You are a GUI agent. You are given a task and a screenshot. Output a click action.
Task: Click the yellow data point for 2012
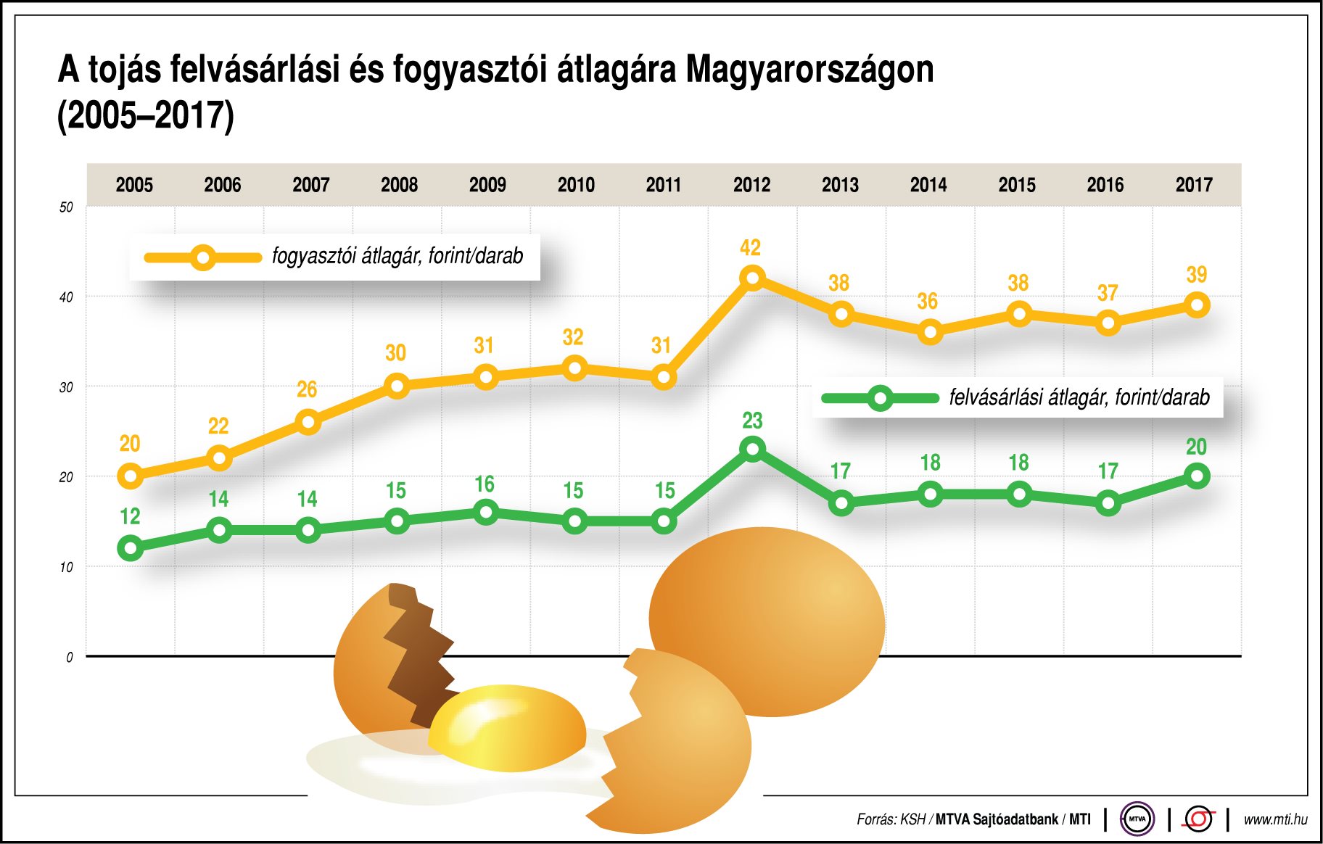(753, 278)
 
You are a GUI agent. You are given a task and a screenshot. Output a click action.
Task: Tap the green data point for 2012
(753, 449)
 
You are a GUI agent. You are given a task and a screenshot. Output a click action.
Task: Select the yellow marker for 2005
(131, 476)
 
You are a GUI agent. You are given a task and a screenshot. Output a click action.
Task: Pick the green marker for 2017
(1196, 476)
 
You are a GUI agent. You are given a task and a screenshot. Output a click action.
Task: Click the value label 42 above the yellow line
(750, 248)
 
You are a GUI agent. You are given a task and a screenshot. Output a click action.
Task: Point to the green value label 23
(752, 421)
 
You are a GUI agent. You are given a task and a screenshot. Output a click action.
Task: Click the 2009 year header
(487, 185)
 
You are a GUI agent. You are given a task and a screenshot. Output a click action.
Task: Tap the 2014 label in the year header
(928, 185)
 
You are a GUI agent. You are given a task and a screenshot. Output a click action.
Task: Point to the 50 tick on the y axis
(66, 207)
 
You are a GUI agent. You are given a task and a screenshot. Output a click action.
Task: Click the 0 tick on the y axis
(70, 658)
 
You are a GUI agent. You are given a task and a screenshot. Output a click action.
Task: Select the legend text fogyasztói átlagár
(397, 256)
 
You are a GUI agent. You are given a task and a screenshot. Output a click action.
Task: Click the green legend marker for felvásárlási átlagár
(880, 398)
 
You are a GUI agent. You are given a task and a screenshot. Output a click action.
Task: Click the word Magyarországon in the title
(809, 70)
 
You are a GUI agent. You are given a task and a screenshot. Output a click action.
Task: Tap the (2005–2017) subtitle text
(146, 115)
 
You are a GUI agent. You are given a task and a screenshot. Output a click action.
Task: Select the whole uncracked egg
(767, 621)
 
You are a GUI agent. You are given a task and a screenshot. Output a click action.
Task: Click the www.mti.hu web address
(1275, 819)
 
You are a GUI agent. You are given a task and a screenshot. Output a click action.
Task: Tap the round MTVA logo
(1137, 819)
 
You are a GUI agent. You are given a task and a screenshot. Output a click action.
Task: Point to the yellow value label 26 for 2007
(307, 389)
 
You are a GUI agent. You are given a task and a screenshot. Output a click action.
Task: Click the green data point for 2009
(486, 512)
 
